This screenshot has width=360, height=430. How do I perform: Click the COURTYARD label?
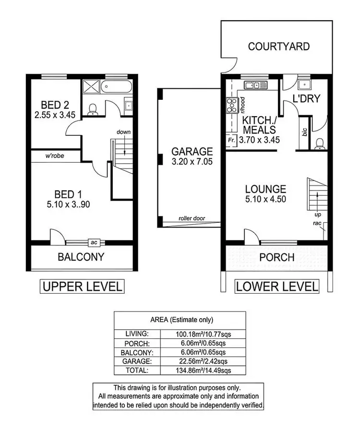click(x=278, y=47)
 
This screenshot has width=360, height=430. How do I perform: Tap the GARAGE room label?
click(x=192, y=152)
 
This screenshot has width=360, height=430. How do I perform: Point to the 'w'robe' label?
click(x=55, y=156)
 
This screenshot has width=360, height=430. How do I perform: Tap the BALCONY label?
click(x=81, y=257)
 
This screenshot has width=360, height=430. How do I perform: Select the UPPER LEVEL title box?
click(x=82, y=287)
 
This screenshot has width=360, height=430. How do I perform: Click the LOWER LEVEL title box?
click(x=276, y=287)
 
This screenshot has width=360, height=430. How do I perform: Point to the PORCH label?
click(x=276, y=257)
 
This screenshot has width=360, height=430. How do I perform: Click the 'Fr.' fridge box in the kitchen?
click(x=231, y=141)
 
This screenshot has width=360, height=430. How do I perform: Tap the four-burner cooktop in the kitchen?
click(x=231, y=104)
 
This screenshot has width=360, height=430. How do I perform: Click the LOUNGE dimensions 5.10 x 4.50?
click(x=265, y=199)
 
